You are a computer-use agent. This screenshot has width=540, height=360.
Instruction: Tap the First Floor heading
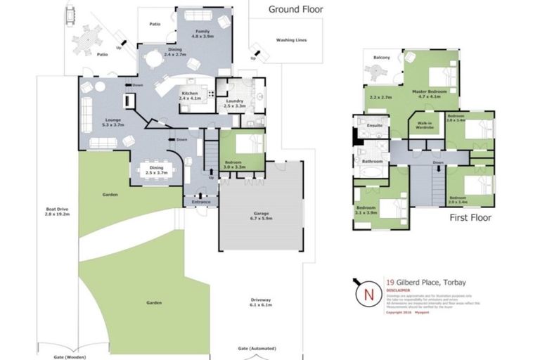(x=470, y=218)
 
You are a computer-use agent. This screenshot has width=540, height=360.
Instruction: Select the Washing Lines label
(x=291, y=41)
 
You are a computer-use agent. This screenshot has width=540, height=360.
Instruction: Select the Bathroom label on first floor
(x=372, y=161)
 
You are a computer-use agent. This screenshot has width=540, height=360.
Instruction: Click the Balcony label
(x=380, y=58)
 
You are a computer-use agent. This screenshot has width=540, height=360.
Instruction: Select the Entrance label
(x=201, y=202)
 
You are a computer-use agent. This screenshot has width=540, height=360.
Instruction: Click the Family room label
(x=202, y=32)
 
